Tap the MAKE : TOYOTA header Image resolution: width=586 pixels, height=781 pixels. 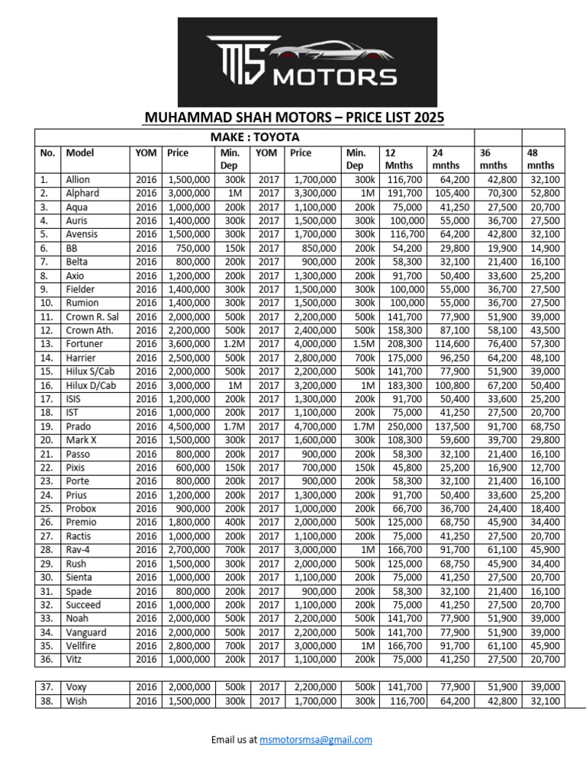(255, 137)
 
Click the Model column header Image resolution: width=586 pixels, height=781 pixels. (80, 153)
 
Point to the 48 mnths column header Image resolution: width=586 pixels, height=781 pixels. (541, 159)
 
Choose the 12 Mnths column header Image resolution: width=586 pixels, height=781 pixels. (399, 159)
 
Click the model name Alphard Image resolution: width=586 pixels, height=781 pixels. (82, 193)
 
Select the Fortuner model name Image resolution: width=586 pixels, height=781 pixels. (84, 344)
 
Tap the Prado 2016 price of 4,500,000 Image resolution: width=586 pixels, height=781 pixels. (188, 426)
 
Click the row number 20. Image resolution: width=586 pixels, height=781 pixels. (47, 440)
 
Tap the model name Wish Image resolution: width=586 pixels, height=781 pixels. (77, 701)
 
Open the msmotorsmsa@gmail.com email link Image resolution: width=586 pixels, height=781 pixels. (315, 740)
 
